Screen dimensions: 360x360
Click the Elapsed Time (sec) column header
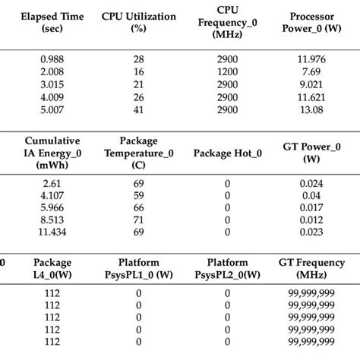click(x=52, y=23)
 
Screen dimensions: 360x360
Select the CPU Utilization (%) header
click(x=138, y=23)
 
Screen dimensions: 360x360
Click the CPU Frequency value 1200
click(x=225, y=71)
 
